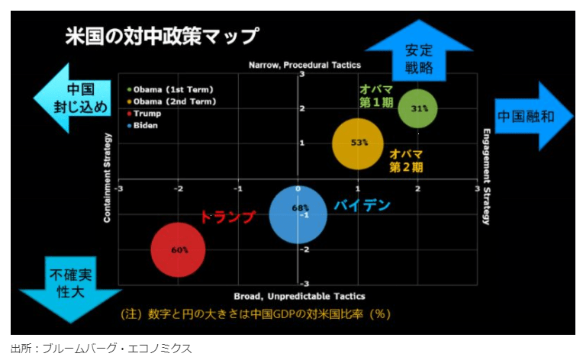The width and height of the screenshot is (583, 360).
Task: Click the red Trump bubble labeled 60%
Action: pyautogui.click(x=179, y=249)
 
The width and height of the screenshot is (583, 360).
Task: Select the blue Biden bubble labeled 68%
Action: pyautogui.click(x=298, y=214)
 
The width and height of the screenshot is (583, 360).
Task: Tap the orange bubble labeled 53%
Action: pyautogui.click(x=359, y=143)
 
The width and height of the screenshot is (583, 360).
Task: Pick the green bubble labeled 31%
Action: pyautogui.click(x=418, y=108)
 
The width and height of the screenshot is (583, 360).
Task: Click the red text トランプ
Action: pyautogui.click(x=227, y=216)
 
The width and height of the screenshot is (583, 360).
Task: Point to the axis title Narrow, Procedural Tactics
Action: pyautogui.click(x=304, y=66)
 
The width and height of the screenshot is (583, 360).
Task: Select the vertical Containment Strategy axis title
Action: pyautogui.click(x=108, y=178)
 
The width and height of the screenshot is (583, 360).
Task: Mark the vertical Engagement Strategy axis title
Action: pyautogui.click(x=486, y=176)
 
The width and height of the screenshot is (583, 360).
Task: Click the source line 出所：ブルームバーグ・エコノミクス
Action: pyautogui.click(x=101, y=349)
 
